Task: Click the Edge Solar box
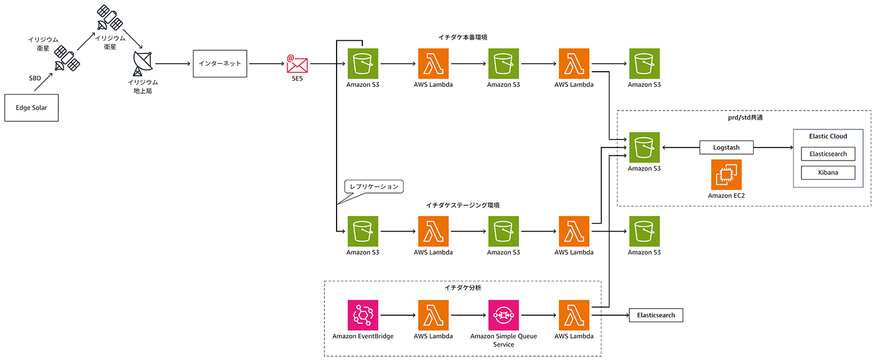pyautogui.click(x=32, y=108)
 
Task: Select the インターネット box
pyautogui.click(x=220, y=64)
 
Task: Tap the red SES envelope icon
pyautogui.click(x=297, y=64)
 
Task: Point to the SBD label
pyautogui.click(x=35, y=78)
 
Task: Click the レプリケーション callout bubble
pyautogui.click(x=373, y=187)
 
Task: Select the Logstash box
pyautogui.click(x=726, y=148)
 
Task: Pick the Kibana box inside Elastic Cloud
pyautogui.click(x=828, y=173)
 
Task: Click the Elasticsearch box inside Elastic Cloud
pyautogui.click(x=828, y=154)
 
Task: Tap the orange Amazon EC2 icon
pyautogui.click(x=726, y=174)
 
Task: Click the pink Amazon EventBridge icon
pyautogui.click(x=363, y=315)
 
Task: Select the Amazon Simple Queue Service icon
pyautogui.click(x=503, y=315)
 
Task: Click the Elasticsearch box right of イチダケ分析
pyautogui.click(x=656, y=315)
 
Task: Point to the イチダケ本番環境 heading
pyautogui.click(x=463, y=37)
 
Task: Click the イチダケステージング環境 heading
pyautogui.click(x=463, y=205)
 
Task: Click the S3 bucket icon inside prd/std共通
pyautogui.click(x=644, y=148)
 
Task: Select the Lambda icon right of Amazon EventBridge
pyautogui.click(x=433, y=315)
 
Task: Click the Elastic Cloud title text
pyautogui.click(x=828, y=137)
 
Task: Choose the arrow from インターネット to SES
pyautogui.click(x=266, y=64)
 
